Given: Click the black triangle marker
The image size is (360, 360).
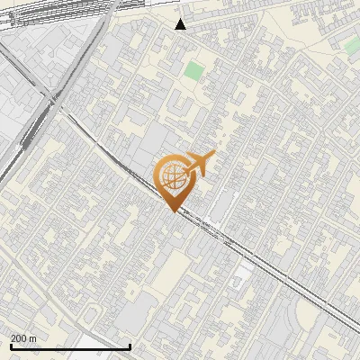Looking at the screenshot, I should [181, 23].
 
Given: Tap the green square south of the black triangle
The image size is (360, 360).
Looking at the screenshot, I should [194, 71].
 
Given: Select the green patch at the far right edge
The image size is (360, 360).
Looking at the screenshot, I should [354, 45].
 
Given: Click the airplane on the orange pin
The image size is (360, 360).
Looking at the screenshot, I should [200, 165].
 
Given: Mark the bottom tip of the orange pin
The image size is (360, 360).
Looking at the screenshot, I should [171, 211].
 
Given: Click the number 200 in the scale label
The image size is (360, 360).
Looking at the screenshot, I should [21, 337].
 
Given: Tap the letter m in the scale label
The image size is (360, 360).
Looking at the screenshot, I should [34, 337].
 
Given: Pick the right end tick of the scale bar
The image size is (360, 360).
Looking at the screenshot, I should [130, 345].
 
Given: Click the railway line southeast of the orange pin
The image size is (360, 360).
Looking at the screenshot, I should [261, 261].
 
